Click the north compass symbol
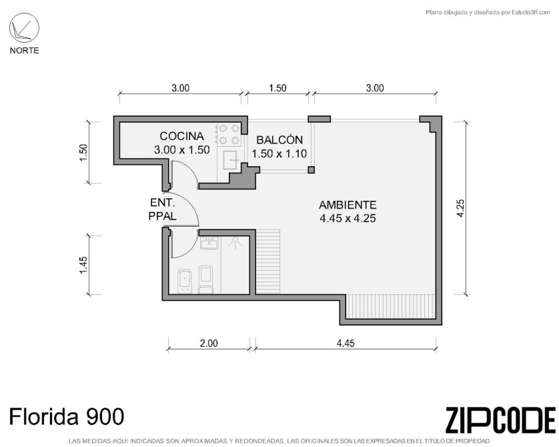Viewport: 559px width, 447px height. coord(24,27)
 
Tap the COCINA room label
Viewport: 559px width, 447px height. coord(182,136)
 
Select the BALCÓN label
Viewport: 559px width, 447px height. coord(279,139)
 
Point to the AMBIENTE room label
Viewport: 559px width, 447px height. coord(348,205)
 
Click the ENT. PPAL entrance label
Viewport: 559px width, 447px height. coord(163,209)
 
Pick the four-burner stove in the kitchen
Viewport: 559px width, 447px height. coord(229,134)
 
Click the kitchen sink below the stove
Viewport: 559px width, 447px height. coord(231,160)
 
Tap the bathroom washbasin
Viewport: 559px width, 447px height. coord(209,244)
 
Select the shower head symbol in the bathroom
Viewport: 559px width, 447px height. coord(235,242)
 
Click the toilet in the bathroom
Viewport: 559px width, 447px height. coord(205,279)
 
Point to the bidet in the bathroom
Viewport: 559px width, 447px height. coord(185,282)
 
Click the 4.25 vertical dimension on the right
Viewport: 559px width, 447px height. coord(460,208)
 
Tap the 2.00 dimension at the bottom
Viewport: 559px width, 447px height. coord(209,344)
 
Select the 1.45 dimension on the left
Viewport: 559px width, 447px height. coord(83,265)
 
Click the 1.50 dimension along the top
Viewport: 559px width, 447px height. coord(277,88)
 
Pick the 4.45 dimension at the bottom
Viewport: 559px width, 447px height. coord(346,344)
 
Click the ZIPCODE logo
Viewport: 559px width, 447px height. coord(500,420)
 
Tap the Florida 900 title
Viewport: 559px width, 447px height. coord(67,417)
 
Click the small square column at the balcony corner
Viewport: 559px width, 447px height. coord(312,169)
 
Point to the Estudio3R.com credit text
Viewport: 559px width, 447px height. coord(488,13)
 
